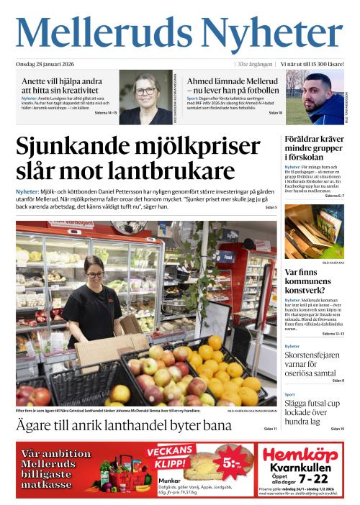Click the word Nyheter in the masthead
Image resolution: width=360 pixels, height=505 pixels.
[x=272, y=35]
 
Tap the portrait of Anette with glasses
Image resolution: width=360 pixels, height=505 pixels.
[x=145, y=97]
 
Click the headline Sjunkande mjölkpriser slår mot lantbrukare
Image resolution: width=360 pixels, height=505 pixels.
[x=135, y=159]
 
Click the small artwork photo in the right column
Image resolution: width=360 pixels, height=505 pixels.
[x=314, y=232]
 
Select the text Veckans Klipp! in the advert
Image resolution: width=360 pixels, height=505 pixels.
[x=171, y=456]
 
